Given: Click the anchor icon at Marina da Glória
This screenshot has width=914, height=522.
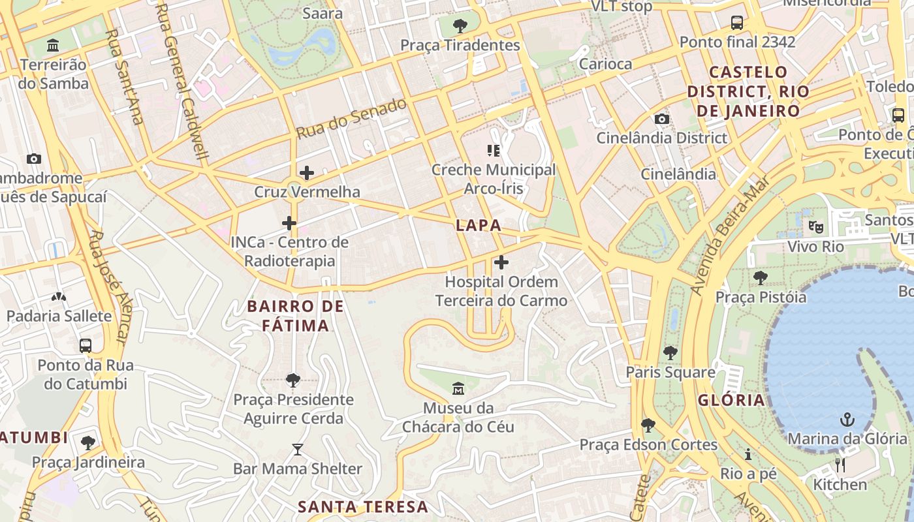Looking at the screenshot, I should [x=847, y=419].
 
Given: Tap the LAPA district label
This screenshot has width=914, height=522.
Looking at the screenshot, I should [x=479, y=226].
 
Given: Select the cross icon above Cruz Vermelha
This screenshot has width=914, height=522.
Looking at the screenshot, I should [x=306, y=173].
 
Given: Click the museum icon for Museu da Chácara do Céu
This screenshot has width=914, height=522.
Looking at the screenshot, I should [x=458, y=388].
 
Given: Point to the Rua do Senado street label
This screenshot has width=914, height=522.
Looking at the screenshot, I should [x=351, y=118].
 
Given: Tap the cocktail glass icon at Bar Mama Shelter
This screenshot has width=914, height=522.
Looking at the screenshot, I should [x=298, y=449].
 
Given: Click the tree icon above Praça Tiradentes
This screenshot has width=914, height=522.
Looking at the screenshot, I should [x=460, y=26].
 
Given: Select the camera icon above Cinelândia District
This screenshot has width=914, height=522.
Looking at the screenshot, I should [x=661, y=119].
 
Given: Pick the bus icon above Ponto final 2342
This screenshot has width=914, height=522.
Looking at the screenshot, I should [x=736, y=23].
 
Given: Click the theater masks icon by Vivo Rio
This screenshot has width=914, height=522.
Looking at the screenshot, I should [x=815, y=227].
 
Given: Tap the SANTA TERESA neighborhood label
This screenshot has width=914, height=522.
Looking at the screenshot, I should [x=363, y=507].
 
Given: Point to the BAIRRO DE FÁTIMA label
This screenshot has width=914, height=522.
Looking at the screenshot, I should [x=296, y=316].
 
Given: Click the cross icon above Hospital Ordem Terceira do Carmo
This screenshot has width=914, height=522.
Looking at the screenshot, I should [x=501, y=262].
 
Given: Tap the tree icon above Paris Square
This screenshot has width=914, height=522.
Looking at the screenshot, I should [x=670, y=353].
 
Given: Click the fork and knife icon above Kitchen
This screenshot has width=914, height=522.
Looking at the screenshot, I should [x=840, y=465].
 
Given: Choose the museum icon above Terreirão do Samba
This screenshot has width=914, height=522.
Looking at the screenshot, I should [x=53, y=46].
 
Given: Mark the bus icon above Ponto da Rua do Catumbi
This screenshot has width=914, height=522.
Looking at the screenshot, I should [x=85, y=345].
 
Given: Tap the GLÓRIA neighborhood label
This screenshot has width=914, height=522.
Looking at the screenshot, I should [x=731, y=400].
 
